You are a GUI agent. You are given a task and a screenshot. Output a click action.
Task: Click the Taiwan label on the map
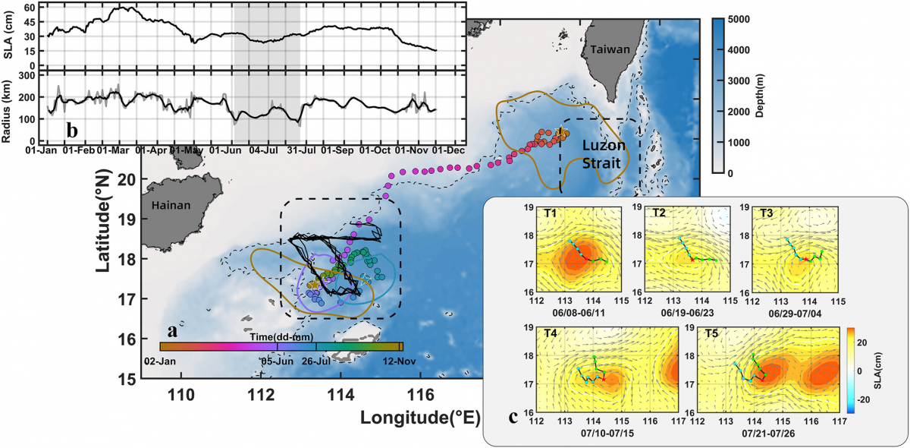point(610,49)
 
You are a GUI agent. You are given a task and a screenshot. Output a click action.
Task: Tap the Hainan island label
point(170,205)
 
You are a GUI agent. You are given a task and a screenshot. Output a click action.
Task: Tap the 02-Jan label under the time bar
point(160,361)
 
